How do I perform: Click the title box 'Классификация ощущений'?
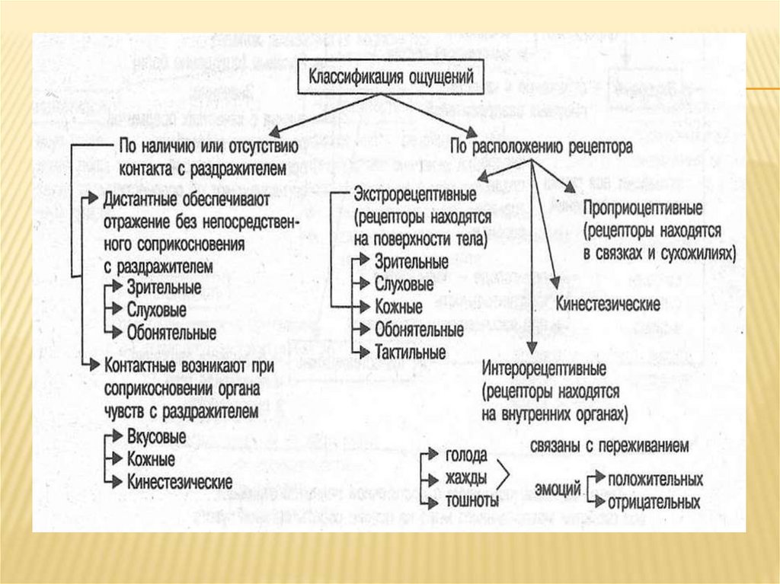tap(391, 78)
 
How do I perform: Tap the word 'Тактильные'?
tap(410, 353)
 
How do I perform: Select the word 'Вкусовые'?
tap(156, 437)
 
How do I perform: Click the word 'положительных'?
tap(654, 480)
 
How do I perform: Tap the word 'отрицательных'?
tap(654, 503)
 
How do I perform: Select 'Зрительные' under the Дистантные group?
tap(164, 288)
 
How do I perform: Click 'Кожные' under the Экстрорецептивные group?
tap(398, 308)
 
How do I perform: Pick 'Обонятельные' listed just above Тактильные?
tap(418, 330)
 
